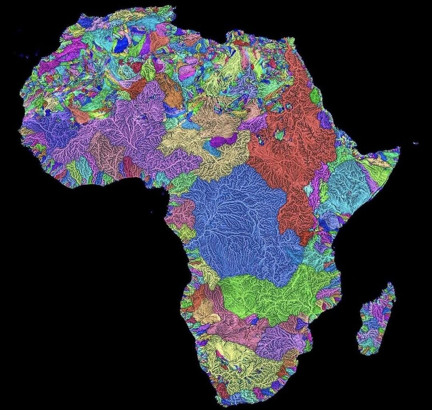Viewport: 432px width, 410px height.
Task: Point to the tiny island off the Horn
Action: click(x=416, y=143)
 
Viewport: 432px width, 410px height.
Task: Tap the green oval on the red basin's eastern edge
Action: click(x=316, y=96)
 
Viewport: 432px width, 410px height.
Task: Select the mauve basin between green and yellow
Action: click(x=236, y=328)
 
